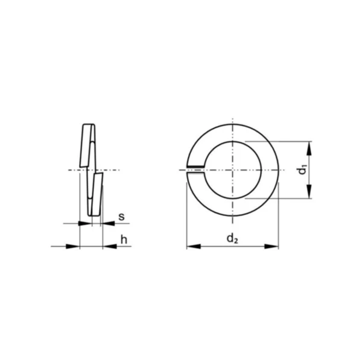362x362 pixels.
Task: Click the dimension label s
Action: pyautogui.click(x=121, y=216)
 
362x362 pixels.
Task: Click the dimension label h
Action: pyautogui.click(x=124, y=240)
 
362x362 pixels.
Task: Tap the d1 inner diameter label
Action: pyautogui.click(x=302, y=170)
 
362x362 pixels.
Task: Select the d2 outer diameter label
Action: pyautogui.click(x=232, y=238)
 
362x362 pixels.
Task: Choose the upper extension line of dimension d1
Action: pyautogui.click(x=284, y=142)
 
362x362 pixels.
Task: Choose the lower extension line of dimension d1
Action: pyautogui.click(x=284, y=198)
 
